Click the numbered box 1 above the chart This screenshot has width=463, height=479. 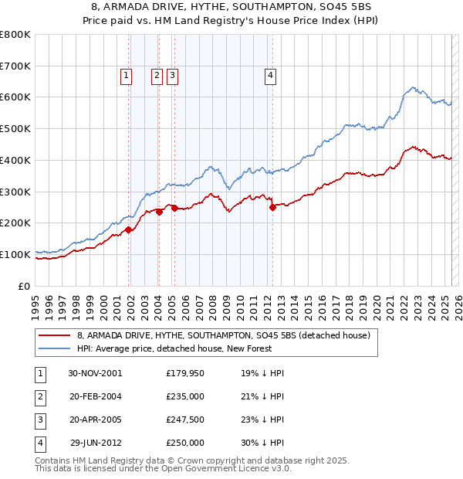point(125,75)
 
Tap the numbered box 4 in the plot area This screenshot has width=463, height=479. point(271,75)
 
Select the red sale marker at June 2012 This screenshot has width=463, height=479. point(272,207)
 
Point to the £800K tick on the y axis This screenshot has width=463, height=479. point(17,35)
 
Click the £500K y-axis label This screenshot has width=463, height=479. point(17,129)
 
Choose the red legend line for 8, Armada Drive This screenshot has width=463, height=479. point(55,335)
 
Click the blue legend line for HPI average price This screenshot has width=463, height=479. point(55,348)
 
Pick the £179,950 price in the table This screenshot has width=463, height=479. point(185,373)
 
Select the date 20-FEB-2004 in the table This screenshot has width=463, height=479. point(96,396)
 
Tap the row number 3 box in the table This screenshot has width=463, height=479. point(39,420)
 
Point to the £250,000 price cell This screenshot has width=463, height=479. point(185,443)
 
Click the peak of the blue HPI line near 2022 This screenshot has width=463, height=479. point(414,87)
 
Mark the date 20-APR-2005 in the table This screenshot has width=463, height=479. point(96,420)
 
